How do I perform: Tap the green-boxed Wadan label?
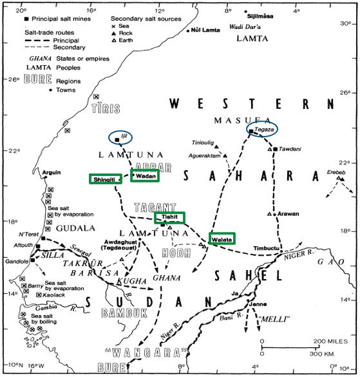(x=145, y=175)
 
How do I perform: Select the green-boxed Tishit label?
(x=169, y=218)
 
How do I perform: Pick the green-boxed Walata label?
(x=221, y=238)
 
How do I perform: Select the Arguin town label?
(x=51, y=173)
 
